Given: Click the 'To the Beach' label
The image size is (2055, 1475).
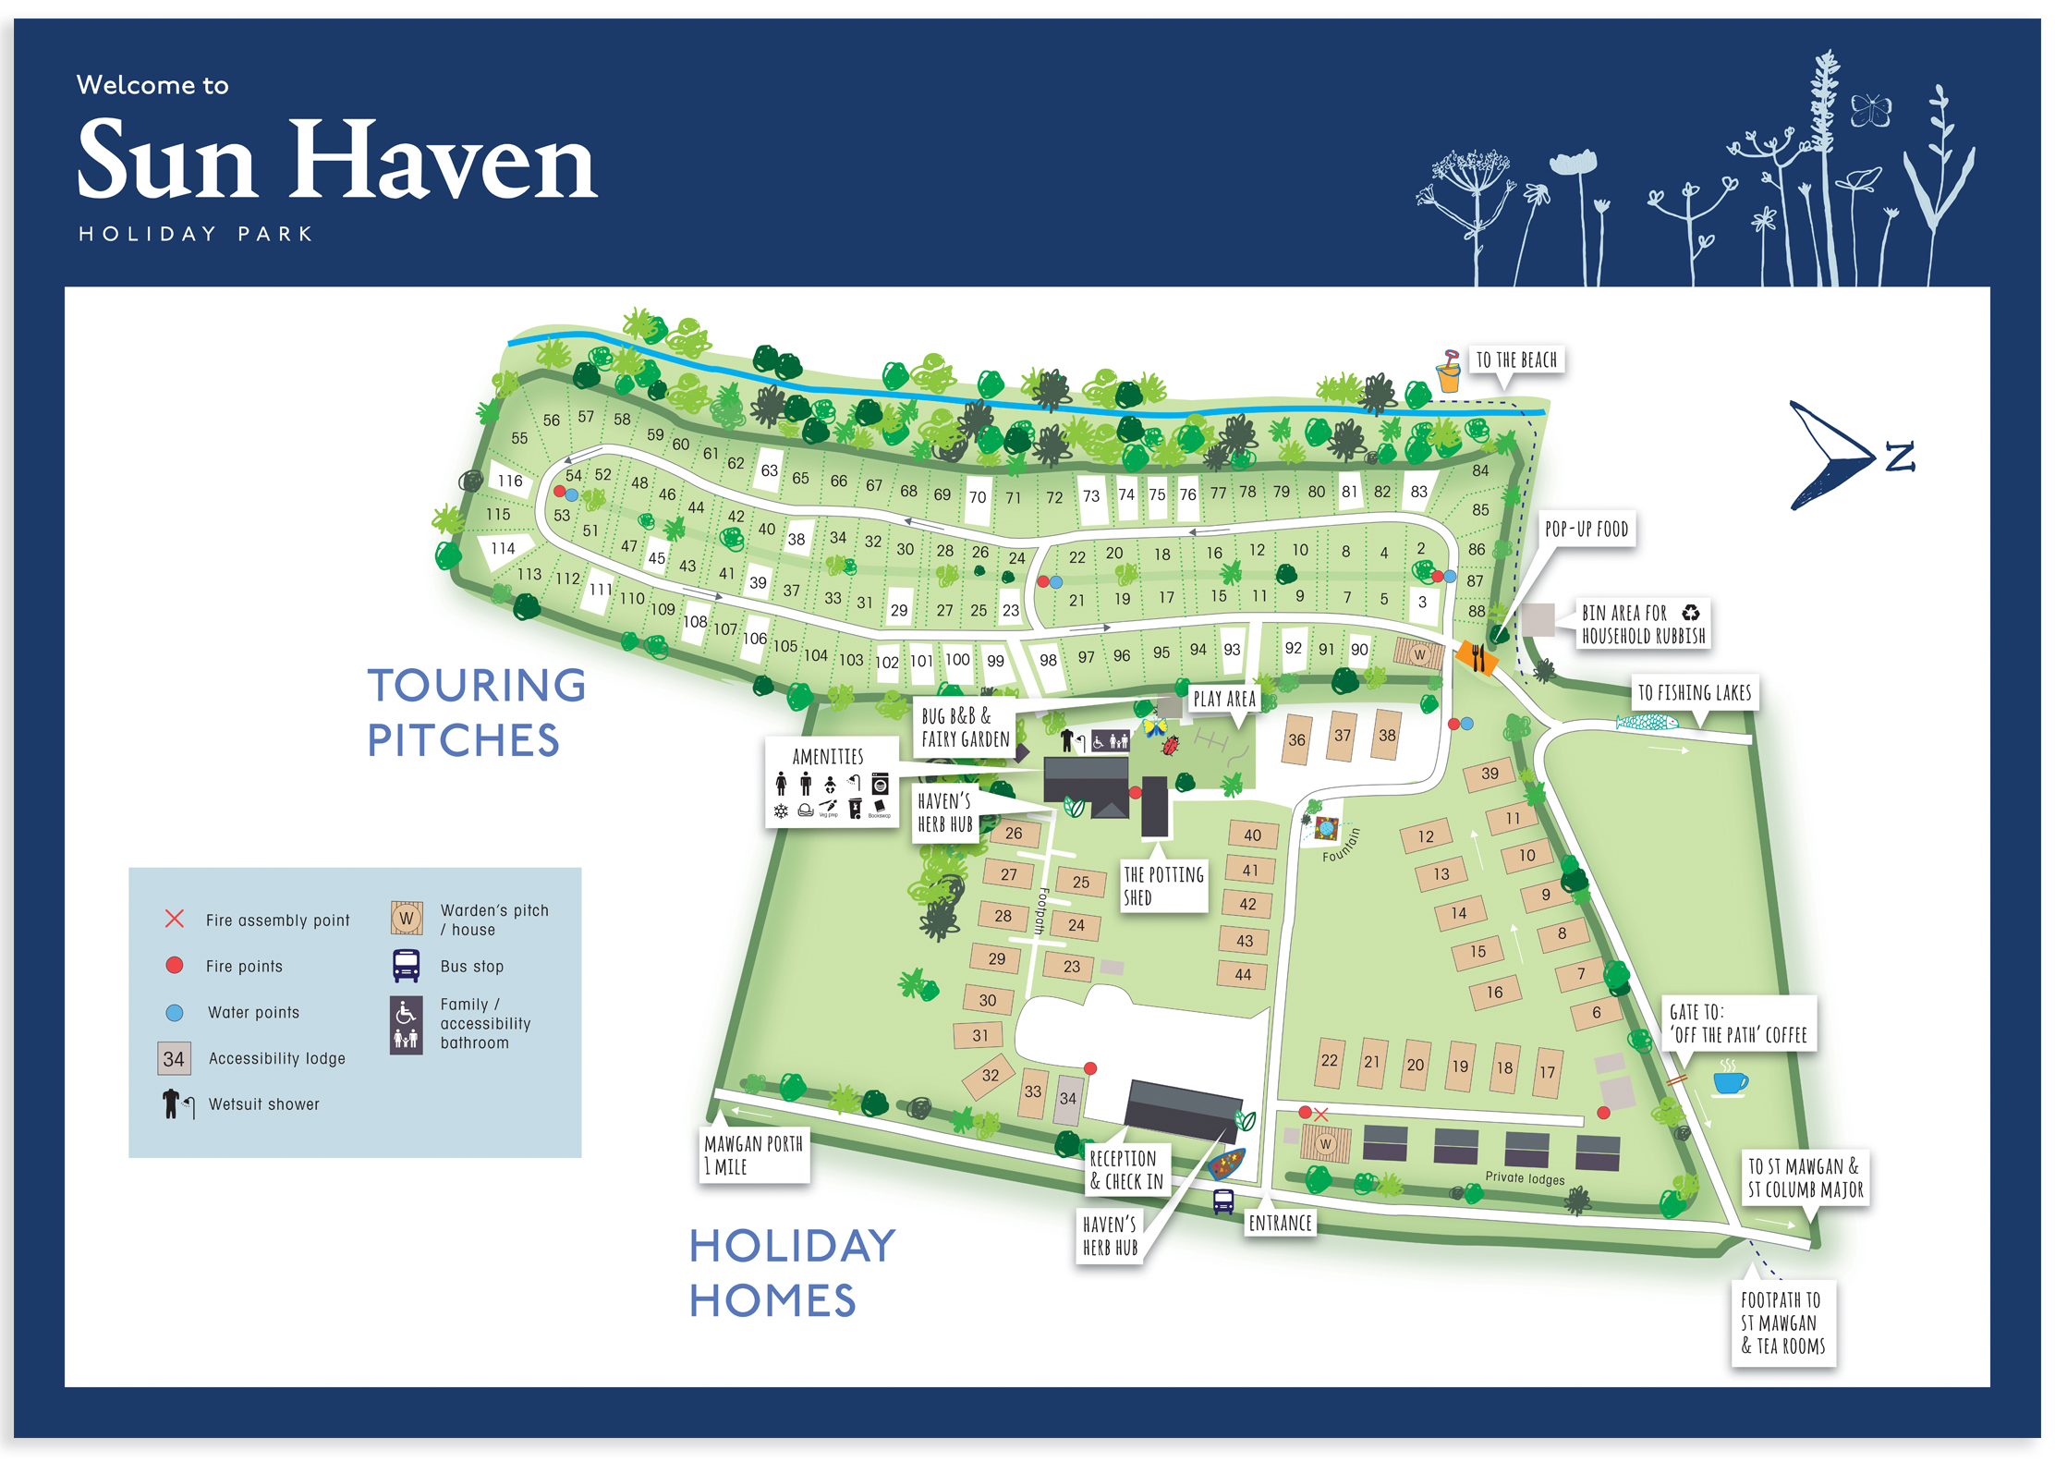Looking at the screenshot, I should pyautogui.click(x=1515, y=360).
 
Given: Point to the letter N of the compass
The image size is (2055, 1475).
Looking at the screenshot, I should pyautogui.click(x=1900, y=457).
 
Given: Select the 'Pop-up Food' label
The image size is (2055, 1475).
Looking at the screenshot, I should pyautogui.click(x=1586, y=530).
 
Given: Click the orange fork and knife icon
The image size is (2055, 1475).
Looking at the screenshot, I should pyautogui.click(x=1477, y=657).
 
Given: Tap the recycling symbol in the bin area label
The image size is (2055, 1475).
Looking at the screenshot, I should pyautogui.click(x=1690, y=612).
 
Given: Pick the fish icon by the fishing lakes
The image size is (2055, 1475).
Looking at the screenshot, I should pyautogui.click(x=1647, y=722).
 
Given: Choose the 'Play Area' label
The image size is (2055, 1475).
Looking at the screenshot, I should pyautogui.click(x=1223, y=699).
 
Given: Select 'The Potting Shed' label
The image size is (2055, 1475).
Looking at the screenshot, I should pyautogui.click(x=1162, y=885).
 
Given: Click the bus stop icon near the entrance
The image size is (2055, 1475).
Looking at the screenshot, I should pyautogui.click(x=1223, y=1201).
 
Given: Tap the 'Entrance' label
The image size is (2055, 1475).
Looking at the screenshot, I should pyautogui.click(x=1280, y=1223).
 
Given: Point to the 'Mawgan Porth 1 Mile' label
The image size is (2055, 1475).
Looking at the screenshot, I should pyautogui.click(x=753, y=1154).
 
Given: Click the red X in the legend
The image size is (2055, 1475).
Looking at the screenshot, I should pyautogui.click(x=175, y=919).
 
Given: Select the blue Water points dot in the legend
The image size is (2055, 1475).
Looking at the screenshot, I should pyautogui.click(x=175, y=1012).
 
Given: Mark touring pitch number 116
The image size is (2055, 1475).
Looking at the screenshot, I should pyautogui.click(x=510, y=481).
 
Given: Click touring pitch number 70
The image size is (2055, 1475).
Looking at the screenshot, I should pyautogui.click(x=978, y=496).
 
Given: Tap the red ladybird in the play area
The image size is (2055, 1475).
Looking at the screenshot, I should pyautogui.click(x=1171, y=744).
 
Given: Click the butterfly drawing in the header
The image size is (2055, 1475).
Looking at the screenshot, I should pyautogui.click(x=1870, y=111).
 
